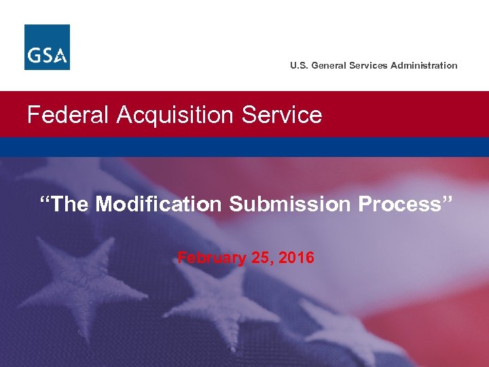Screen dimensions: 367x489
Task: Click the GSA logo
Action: pyautogui.click(x=47, y=47)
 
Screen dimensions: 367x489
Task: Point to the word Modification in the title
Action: pyautogui.click(x=159, y=204)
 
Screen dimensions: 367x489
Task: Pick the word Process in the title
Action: pyautogui.click(x=402, y=204)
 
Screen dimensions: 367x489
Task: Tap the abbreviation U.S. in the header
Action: pyautogui.click(x=298, y=65)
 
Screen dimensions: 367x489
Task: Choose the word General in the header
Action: pyautogui.click(x=329, y=65)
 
